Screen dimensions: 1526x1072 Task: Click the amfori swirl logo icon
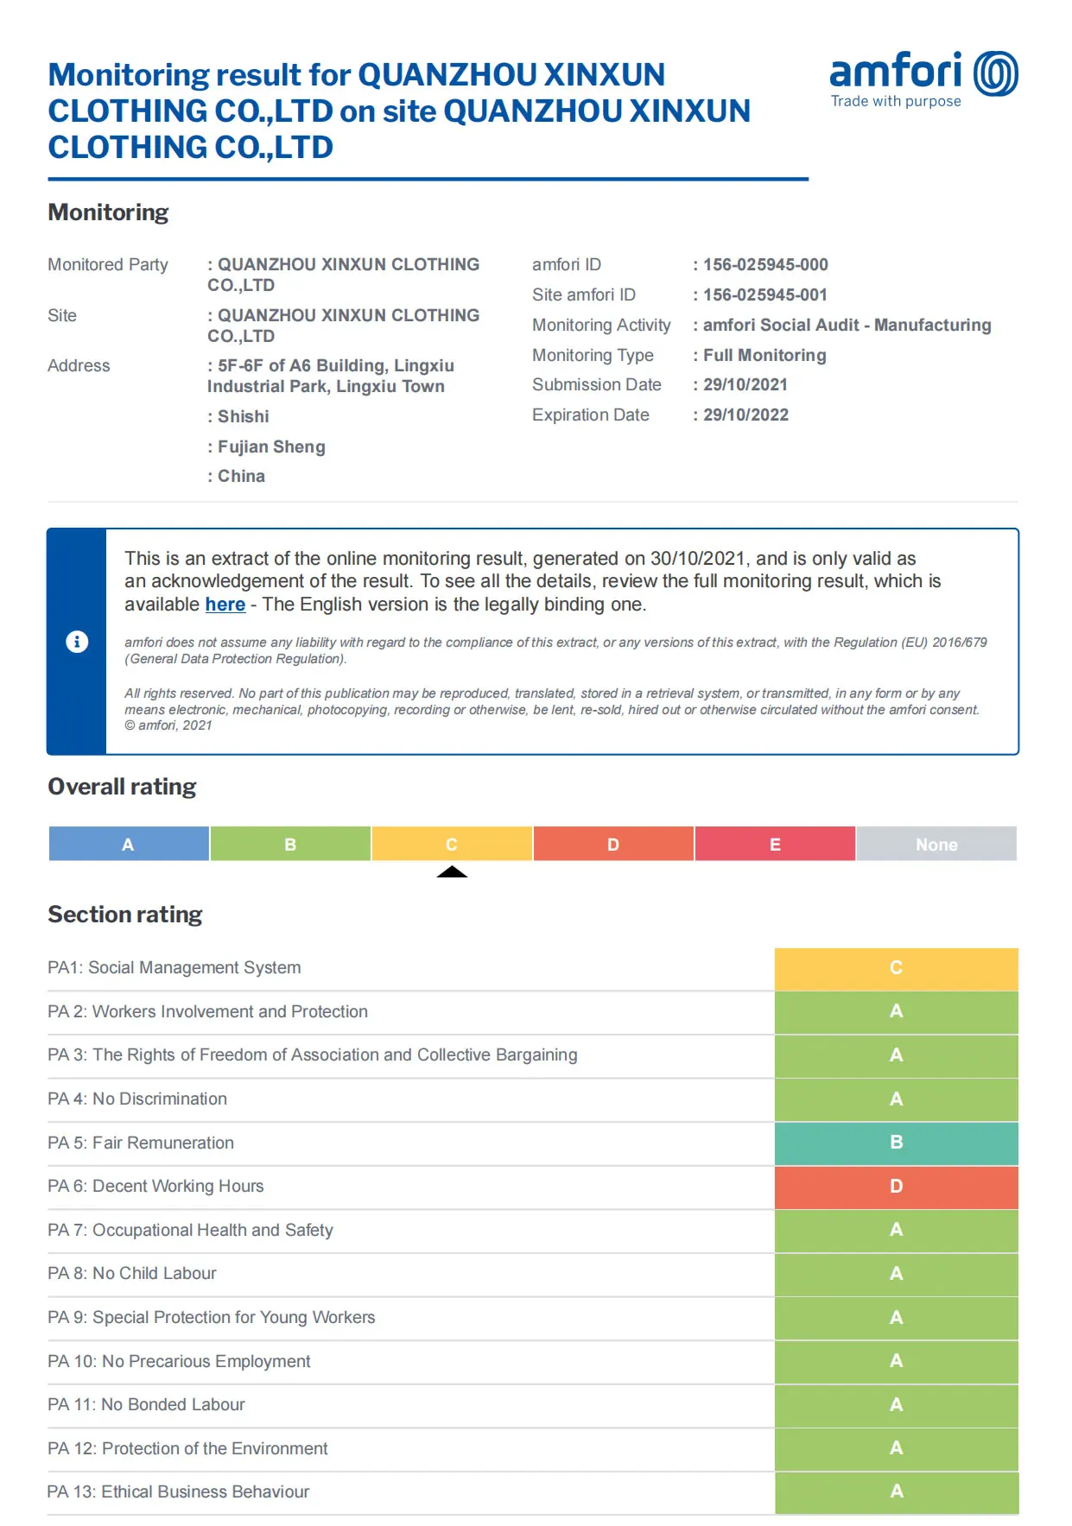[995, 73]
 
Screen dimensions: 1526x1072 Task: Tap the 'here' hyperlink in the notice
[225, 605]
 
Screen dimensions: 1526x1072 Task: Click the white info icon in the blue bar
[77, 642]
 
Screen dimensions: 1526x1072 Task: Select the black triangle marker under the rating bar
[452, 871]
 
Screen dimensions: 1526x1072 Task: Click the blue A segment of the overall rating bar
[129, 844]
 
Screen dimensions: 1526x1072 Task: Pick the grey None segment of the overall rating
[936, 844]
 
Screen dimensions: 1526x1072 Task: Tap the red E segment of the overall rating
[775, 844]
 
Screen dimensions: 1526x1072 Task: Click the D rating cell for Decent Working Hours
[896, 1187]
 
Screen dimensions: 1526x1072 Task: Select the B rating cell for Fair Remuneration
[896, 1143]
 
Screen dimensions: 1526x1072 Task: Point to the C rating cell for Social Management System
[896, 968]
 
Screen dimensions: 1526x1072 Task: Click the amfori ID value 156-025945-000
[764, 264]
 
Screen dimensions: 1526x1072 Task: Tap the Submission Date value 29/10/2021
[745, 384]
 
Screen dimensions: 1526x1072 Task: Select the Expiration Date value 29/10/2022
[745, 415]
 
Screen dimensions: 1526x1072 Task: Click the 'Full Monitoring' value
[764, 355]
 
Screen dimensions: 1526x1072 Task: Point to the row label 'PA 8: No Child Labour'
[132, 1273]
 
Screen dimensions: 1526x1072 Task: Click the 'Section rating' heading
[125, 914]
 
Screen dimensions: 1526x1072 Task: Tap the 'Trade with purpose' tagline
[896, 101]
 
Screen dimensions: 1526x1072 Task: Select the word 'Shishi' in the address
[243, 416]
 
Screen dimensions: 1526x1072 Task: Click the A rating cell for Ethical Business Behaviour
[896, 1491]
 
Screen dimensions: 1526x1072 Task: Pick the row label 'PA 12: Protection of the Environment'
[187, 1448]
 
